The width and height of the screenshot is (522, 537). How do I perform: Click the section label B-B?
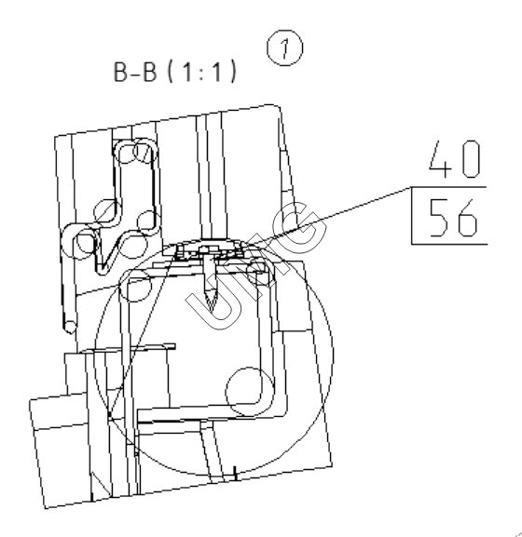(135, 72)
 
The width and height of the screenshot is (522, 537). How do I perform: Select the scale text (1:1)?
(202, 72)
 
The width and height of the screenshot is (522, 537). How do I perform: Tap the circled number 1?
(284, 48)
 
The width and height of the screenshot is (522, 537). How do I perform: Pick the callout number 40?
(455, 159)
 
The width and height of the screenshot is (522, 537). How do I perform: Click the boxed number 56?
(453, 218)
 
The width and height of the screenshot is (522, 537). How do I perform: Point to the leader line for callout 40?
(329, 216)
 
